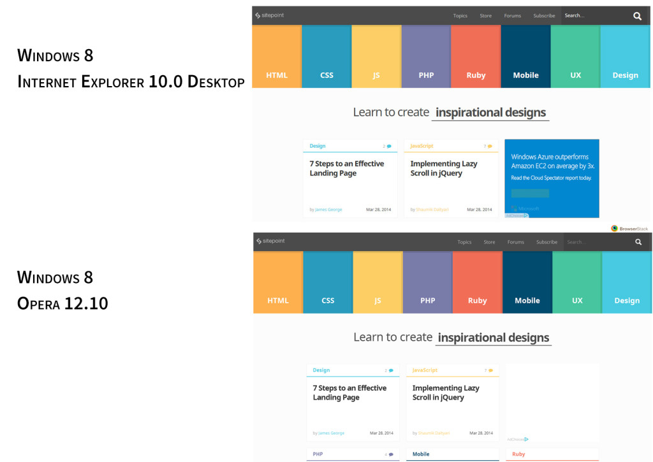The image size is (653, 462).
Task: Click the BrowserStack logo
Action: coord(629,228)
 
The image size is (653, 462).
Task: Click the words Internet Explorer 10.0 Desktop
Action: coord(131,82)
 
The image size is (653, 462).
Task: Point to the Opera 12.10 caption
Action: coord(62,303)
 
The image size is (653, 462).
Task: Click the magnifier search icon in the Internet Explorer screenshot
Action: coord(637,16)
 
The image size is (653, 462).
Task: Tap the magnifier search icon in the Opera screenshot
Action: coord(638,242)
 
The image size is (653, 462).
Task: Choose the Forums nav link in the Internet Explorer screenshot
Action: coord(512,16)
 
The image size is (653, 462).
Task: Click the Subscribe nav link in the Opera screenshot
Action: coord(547,242)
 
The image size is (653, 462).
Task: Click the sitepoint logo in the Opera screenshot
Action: coord(270,241)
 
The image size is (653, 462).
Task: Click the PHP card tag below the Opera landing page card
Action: coord(318,454)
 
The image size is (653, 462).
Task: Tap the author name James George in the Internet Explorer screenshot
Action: coord(328,210)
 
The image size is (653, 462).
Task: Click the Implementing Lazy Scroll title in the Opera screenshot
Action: coord(445,393)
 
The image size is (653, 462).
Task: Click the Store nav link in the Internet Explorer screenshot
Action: coord(485,16)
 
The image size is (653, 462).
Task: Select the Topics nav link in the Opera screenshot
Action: coord(464,242)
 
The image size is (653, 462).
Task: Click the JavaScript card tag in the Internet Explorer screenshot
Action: coord(422,146)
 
